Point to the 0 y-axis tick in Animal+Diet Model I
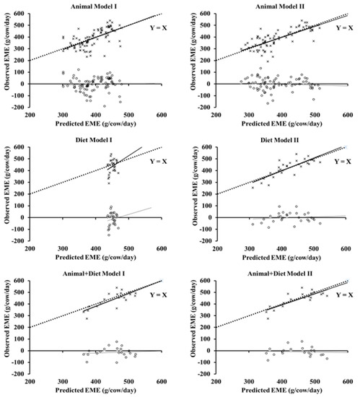click(24, 351)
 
